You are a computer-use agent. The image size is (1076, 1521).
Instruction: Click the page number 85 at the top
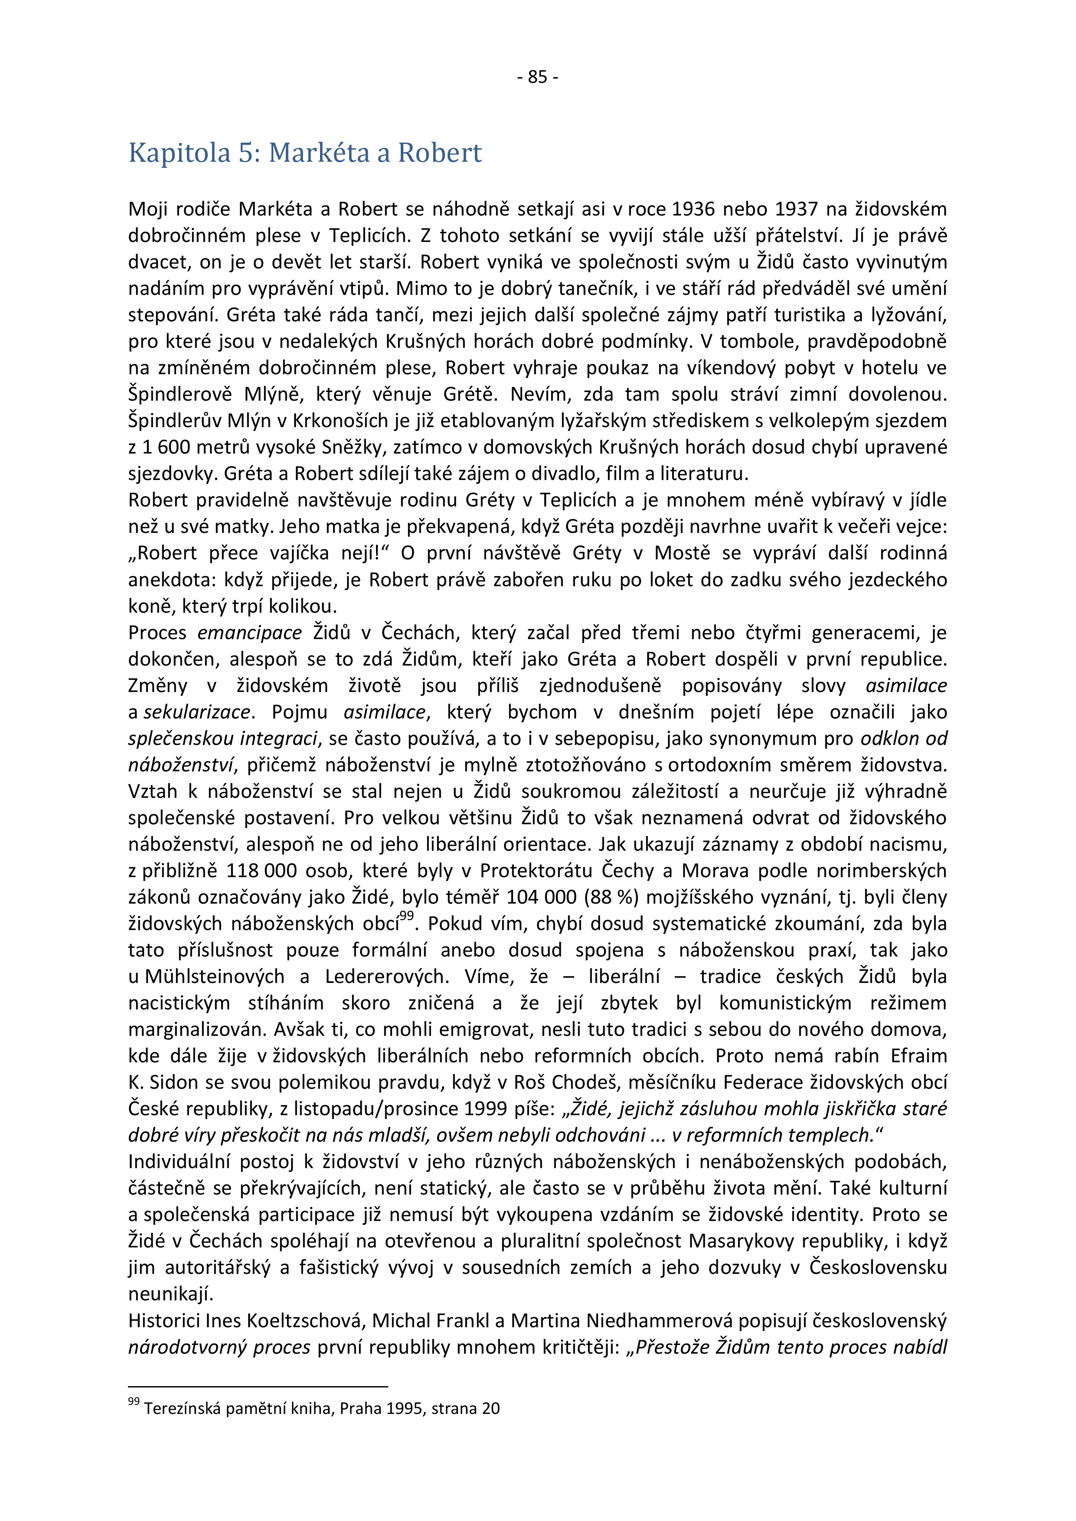537,78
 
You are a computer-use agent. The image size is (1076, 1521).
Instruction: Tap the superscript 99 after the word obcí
406,916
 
